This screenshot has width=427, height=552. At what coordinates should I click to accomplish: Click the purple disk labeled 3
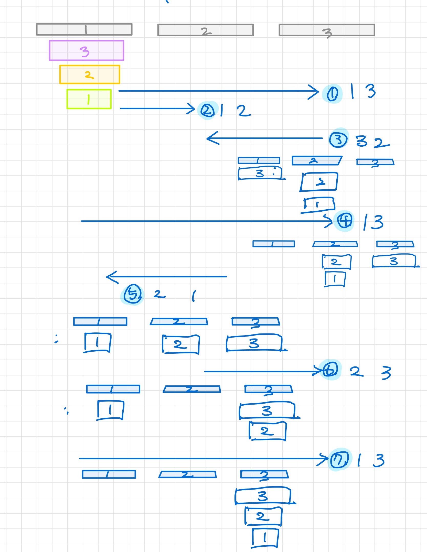pyautogui.click(x=87, y=50)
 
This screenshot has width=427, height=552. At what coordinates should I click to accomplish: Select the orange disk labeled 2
pyautogui.click(x=90, y=74)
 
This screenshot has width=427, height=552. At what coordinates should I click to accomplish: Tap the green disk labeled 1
pyautogui.click(x=89, y=99)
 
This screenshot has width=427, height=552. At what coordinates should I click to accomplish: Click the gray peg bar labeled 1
pyautogui.click(x=84, y=29)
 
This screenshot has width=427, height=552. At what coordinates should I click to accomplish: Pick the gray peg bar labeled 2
pyautogui.click(x=205, y=30)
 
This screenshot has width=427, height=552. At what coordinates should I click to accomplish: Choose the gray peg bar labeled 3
pyautogui.click(x=327, y=30)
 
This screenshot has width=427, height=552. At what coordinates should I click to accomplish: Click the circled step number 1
pyautogui.click(x=332, y=94)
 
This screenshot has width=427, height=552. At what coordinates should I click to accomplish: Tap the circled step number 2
pyautogui.click(x=207, y=111)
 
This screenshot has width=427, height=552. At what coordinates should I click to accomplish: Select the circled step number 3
pyautogui.click(x=338, y=139)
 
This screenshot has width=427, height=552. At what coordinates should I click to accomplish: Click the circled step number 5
pyautogui.click(x=133, y=294)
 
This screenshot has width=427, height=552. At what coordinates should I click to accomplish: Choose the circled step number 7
pyautogui.click(x=339, y=460)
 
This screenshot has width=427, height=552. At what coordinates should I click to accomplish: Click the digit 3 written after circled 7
pyautogui.click(x=378, y=460)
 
